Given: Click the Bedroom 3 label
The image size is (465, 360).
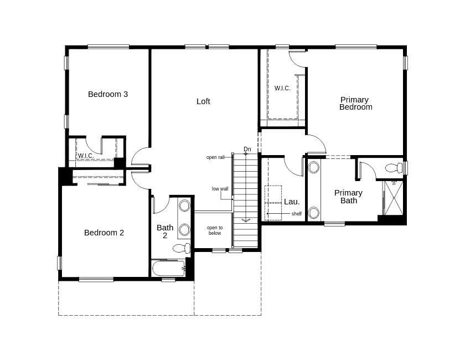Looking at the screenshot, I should [108, 94].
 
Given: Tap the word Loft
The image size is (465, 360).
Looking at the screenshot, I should [203, 101].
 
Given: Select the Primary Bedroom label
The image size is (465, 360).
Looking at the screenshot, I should [355, 104].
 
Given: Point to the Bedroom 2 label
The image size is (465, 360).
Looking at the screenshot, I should [104, 233].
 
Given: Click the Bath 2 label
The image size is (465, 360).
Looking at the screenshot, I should [165, 232].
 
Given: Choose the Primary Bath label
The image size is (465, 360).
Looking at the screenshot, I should [348, 197].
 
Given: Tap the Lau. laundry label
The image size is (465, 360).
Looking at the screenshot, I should [292, 202].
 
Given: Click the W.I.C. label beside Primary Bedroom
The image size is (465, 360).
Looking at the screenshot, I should [282, 88].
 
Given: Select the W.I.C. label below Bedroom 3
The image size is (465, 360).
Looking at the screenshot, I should [85, 156].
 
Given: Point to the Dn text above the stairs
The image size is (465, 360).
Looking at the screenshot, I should [247, 149].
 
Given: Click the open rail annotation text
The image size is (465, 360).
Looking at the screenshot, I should [215, 157].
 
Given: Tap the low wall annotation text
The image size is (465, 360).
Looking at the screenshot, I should [220, 189].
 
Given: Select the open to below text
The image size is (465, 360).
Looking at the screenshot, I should [214, 230].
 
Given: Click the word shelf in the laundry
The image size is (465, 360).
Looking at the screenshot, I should [296, 214].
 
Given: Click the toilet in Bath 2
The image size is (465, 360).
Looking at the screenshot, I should [181, 248].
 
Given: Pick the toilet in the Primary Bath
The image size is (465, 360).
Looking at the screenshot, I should [394, 168].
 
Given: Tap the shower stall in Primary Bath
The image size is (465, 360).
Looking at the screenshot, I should [394, 198].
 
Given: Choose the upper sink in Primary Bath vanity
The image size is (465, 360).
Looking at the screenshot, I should [314, 167].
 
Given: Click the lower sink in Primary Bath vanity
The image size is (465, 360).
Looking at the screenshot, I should [314, 213].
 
